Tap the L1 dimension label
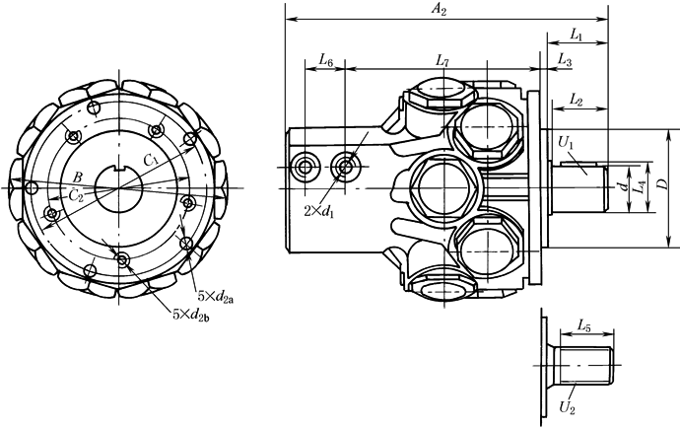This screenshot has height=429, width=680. coord(578,36)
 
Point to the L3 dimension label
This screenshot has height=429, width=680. coord(565,61)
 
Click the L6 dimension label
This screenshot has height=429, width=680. coord(327,61)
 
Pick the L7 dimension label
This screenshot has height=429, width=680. coord(442,61)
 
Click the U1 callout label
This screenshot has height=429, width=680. coord(567,144)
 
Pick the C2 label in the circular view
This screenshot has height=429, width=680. coord(74,195)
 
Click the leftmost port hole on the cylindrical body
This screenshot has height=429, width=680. coord(306,166)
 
